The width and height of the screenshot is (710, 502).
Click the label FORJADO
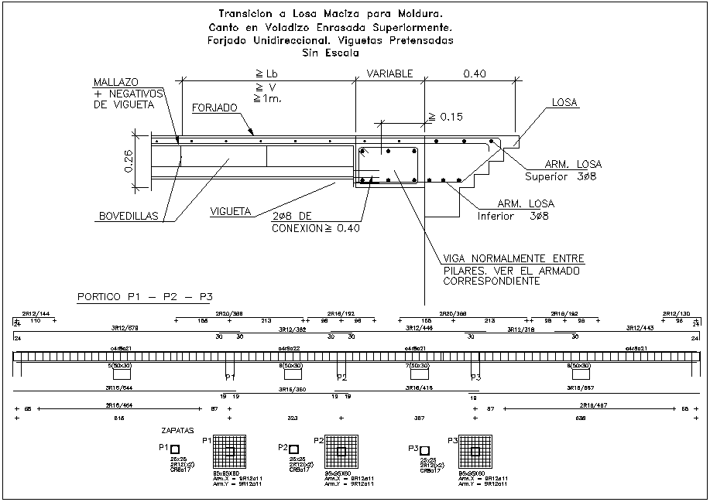215,108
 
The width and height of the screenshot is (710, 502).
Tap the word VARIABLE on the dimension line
389,73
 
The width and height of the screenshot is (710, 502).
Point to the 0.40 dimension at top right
475,73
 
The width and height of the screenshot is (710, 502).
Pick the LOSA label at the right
565,102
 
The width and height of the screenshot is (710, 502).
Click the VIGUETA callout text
230,210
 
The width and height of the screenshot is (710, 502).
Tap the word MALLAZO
115,82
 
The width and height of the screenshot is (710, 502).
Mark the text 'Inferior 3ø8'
513,216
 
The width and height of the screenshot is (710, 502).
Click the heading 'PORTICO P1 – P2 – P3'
145,297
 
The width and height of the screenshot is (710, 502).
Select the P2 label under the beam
341,377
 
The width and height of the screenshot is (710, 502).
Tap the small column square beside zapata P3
424,450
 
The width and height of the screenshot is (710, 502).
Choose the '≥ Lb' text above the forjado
266,73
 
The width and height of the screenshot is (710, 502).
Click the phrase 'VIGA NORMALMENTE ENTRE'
513,258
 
